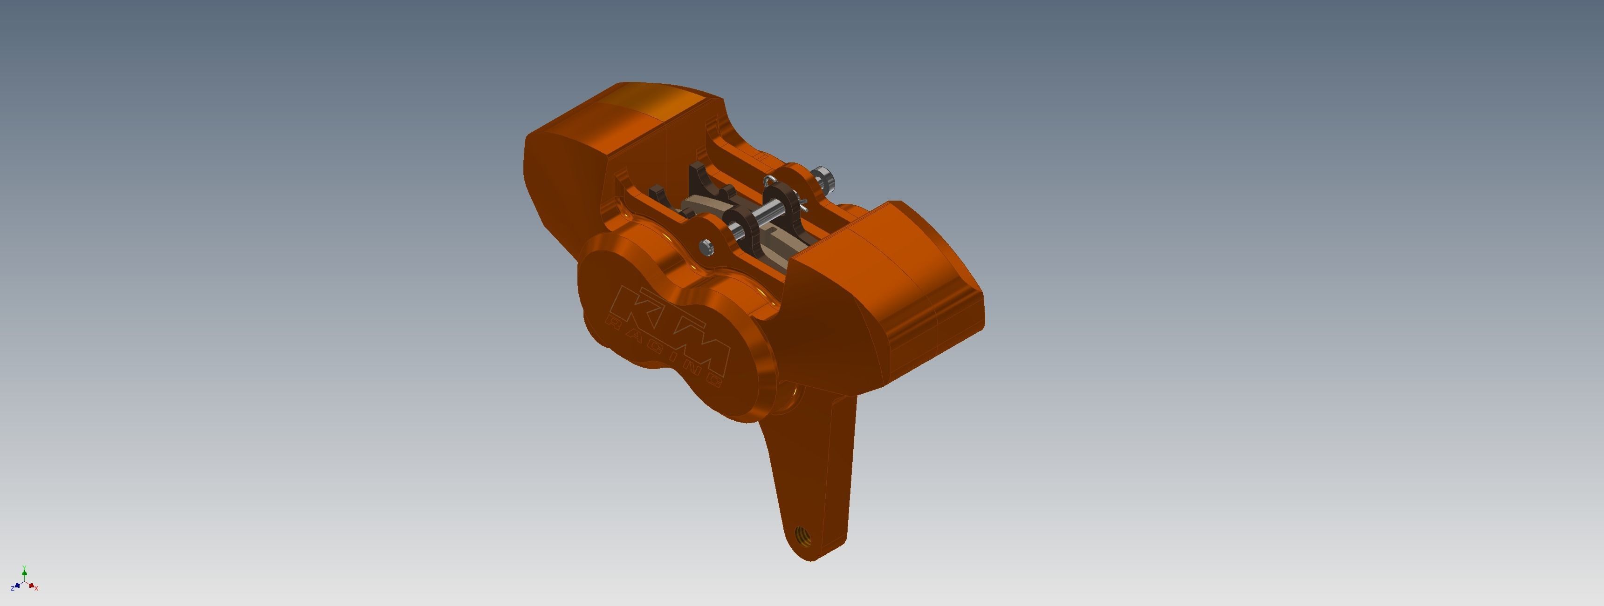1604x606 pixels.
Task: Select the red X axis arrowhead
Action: [x=31, y=585]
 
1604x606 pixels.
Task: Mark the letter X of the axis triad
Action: [x=37, y=588]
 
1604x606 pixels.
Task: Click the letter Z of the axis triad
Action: [x=12, y=588]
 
